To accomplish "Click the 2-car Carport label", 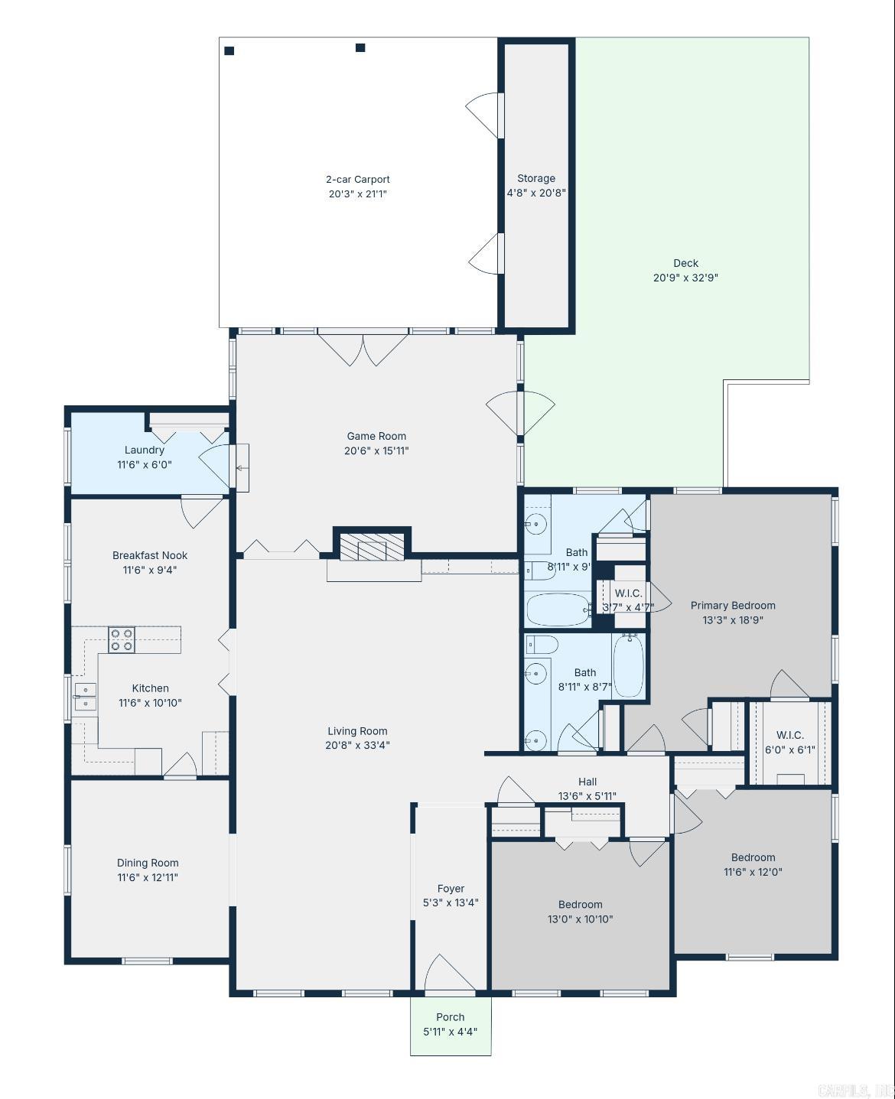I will (357, 180).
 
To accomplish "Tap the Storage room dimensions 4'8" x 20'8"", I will (536, 193).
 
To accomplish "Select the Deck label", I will (685, 263).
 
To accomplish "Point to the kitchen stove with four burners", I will (122, 639).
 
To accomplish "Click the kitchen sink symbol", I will (85, 697).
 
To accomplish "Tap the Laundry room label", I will (144, 450).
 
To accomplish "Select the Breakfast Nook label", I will (150, 555).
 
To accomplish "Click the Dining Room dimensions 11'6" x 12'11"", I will (148, 877).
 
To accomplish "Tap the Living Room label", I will (357, 731).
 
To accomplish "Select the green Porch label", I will (450, 1017).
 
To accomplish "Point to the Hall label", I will (587, 782).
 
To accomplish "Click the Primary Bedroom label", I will (733, 606).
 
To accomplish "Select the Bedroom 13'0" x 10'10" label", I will (580, 905).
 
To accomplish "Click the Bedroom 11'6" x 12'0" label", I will (753, 857).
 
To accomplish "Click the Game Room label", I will (376, 437).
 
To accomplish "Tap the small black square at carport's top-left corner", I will (229, 50).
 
